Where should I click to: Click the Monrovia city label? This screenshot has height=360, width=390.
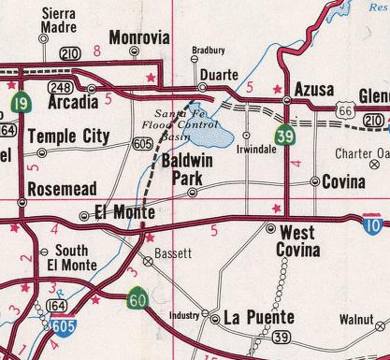139,38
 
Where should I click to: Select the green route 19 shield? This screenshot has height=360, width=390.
19,103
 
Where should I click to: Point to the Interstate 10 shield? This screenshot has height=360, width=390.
372,222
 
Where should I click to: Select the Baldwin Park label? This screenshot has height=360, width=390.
190,169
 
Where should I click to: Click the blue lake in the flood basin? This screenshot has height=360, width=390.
214,134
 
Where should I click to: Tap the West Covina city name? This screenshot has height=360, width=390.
298,240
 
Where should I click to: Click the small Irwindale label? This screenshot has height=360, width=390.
255,149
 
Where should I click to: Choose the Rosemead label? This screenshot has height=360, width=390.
62,189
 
